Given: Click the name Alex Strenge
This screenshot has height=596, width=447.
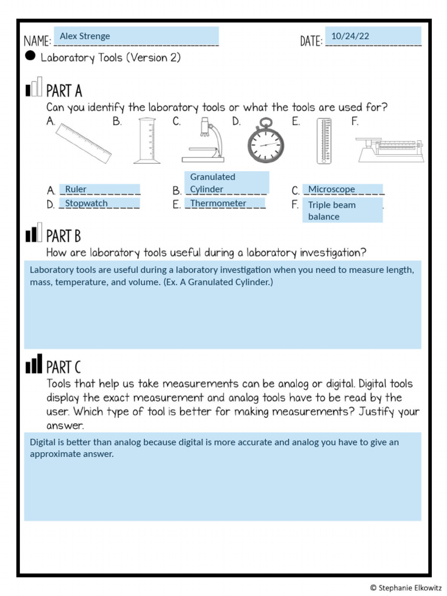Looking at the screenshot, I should coord(85,36).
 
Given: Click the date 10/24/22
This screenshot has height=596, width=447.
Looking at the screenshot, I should coord(350,36).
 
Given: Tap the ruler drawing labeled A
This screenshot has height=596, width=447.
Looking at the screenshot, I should coord(84,143).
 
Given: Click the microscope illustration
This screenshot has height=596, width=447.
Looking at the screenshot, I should coord(204,140).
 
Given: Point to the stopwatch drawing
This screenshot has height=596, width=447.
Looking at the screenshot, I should coord(266,141).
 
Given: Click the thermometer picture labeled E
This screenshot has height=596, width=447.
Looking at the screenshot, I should coord(324,140).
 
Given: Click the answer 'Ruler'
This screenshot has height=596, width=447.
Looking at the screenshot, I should coord(76,189).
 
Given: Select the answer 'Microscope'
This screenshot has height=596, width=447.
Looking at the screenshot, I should coord(331,189).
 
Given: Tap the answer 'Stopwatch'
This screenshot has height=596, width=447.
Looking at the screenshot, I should coord(86,203).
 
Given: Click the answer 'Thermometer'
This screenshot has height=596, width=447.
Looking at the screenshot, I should coord(218,203).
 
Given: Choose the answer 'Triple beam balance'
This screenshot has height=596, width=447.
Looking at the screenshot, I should coord(332,211).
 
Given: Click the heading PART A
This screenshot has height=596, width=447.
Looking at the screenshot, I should coord(64,91).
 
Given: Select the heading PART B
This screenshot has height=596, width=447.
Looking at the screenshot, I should coord(63,236).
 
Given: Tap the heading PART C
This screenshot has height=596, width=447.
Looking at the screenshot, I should coord(63,367).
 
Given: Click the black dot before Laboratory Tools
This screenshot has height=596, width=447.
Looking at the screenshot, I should coord(31,56).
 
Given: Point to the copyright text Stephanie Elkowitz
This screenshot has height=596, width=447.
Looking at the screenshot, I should coord(406,588).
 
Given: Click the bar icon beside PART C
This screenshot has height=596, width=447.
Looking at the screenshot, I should coord(34,365).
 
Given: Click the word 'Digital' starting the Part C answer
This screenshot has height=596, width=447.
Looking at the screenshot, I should coord(42,442).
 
